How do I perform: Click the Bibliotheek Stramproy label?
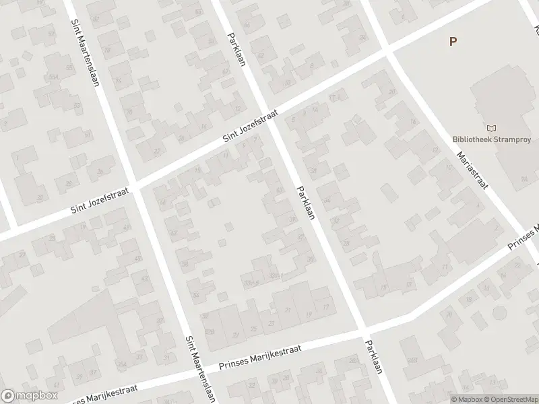(493, 140)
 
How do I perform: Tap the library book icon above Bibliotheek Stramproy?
(490, 127)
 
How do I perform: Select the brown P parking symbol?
(453, 41)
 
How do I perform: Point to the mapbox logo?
(29, 396)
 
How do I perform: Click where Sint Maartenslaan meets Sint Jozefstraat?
(135, 186)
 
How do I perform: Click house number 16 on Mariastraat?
(412, 121)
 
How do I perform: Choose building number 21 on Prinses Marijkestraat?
(288, 310)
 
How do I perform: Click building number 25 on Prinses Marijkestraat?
(253, 328)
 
